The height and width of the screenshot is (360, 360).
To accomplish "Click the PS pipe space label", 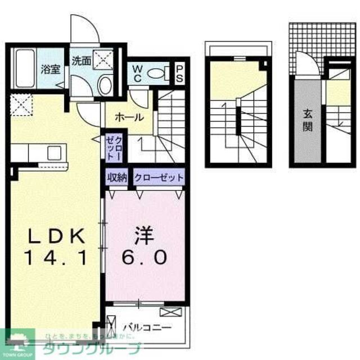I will coord(179,74).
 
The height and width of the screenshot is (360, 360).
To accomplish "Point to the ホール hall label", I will coord(129,118).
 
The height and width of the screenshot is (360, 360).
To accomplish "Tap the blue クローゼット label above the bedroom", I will coord(159,178).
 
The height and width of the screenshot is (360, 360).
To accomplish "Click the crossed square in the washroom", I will coord(102,57).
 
